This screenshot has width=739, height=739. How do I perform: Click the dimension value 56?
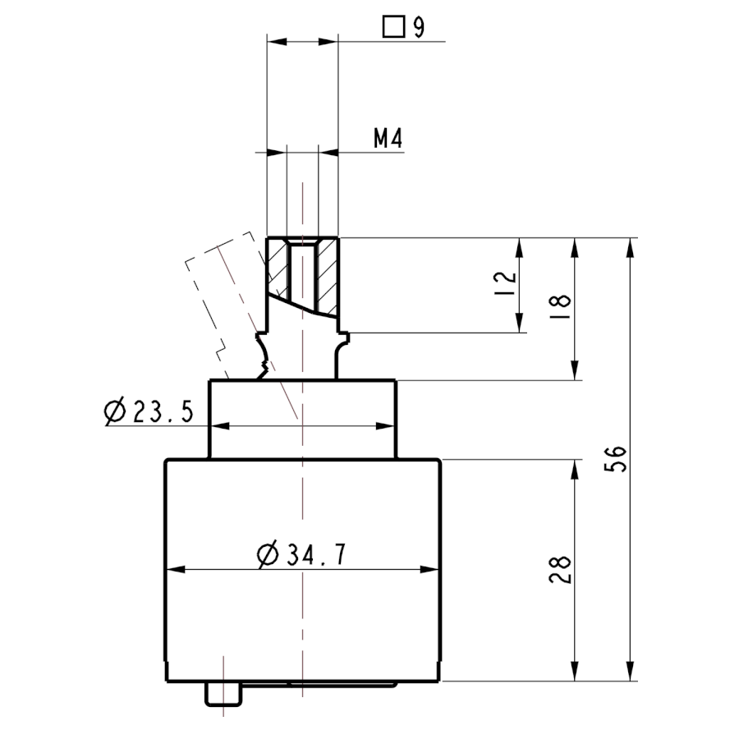615,458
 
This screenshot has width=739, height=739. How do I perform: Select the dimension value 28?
560,570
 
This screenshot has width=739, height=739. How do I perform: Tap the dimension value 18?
560,306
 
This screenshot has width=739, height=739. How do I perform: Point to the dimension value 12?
506,282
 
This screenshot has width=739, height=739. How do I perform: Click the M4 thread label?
388,139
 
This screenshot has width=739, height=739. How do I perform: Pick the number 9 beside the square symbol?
419,27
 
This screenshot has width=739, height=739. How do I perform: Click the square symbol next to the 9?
393,27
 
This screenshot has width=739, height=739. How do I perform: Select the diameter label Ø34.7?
301,554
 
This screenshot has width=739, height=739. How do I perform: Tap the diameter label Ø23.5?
149,411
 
